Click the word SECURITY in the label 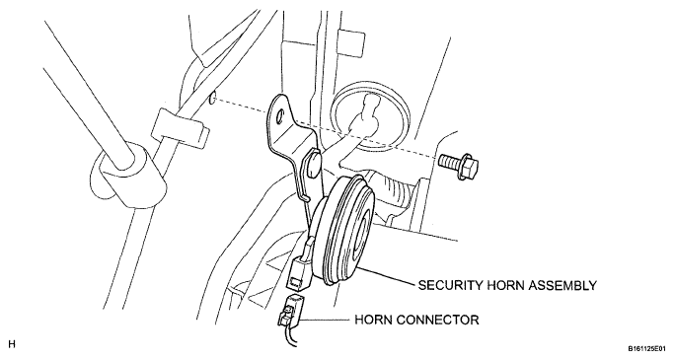point(451,285)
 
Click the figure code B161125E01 point(647,348)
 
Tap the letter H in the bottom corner point(12,344)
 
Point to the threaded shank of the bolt point(450,162)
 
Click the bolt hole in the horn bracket point(280,115)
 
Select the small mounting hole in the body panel point(212,99)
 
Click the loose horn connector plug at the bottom point(289,310)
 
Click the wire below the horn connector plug point(289,336)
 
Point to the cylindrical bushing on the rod point(128,176)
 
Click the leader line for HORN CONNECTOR point(326,320)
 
